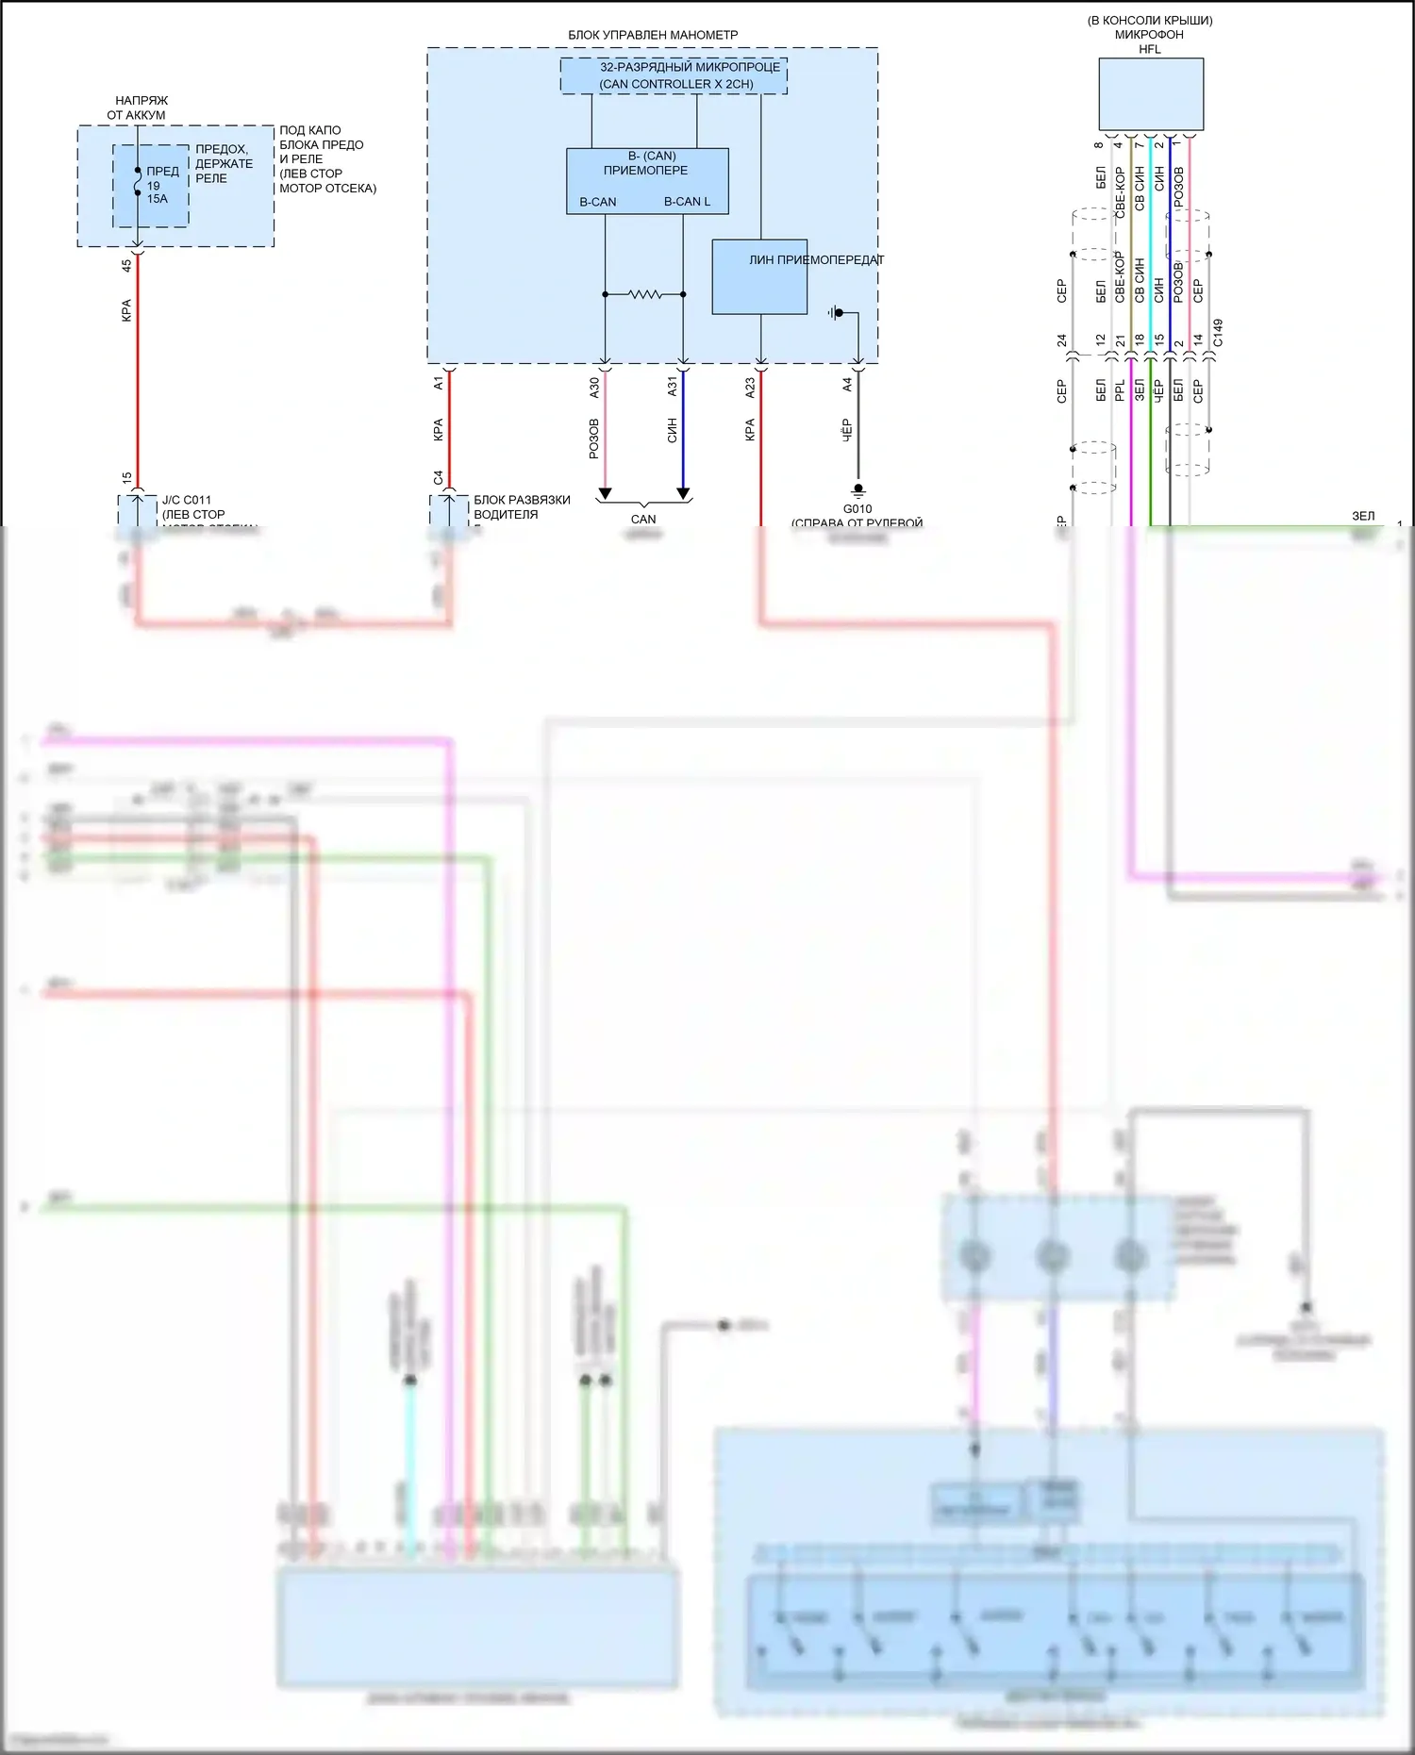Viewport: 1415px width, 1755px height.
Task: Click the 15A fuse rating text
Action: coord(157,199)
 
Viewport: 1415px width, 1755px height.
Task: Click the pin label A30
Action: coord(594,387)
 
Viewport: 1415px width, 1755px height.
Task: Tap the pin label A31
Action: coord(673,387)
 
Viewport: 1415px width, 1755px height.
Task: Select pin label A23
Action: coord(750,388)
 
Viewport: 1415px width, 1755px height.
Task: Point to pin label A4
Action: coord(847,385)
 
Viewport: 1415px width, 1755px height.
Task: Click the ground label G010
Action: coord(857,509)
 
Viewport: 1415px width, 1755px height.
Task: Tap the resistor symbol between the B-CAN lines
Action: coord(645,294)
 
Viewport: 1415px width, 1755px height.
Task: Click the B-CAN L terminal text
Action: coord(687,202)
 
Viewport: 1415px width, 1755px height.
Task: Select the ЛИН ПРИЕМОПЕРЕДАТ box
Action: coord(759,276)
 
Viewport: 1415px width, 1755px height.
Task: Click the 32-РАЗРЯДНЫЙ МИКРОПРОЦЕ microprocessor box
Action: coord(674,75)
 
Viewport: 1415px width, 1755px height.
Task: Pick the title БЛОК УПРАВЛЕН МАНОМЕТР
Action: coord(653,35)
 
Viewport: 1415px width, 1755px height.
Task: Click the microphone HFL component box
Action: coord(1150,94)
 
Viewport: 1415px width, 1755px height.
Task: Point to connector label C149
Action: coord(1218,333)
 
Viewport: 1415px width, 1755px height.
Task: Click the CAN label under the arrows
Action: coord(643,520)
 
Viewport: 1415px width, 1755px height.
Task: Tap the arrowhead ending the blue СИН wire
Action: coord(683,494)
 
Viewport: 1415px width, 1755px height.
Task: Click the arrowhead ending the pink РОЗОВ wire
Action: coord(605,494)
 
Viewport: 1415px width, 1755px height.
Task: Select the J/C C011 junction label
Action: coord(187,501)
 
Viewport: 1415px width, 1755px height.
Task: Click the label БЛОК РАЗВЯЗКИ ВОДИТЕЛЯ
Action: coord(522,507)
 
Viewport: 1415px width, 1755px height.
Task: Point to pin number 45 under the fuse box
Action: coord(127,266)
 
